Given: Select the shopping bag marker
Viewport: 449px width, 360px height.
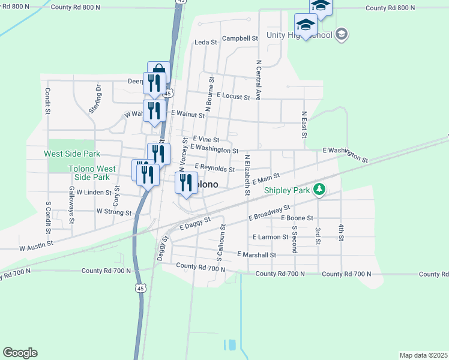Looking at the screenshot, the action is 159,71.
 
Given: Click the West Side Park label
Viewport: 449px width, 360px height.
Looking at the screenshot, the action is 72,154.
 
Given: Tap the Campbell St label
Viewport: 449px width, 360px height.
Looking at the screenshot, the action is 240,38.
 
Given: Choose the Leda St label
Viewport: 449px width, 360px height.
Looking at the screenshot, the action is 206,43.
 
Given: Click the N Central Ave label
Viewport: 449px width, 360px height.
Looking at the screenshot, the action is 259,79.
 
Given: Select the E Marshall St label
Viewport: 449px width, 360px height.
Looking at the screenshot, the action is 256,255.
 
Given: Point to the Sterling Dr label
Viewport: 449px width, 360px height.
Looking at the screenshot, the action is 98,94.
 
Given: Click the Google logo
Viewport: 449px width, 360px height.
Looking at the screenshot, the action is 20,353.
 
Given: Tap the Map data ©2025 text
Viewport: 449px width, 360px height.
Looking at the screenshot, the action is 423,355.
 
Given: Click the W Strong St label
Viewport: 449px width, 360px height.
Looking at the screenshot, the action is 114,212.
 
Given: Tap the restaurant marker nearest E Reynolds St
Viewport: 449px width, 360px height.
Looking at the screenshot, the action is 186,182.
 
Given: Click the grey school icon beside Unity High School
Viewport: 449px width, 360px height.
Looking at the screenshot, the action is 342,34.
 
